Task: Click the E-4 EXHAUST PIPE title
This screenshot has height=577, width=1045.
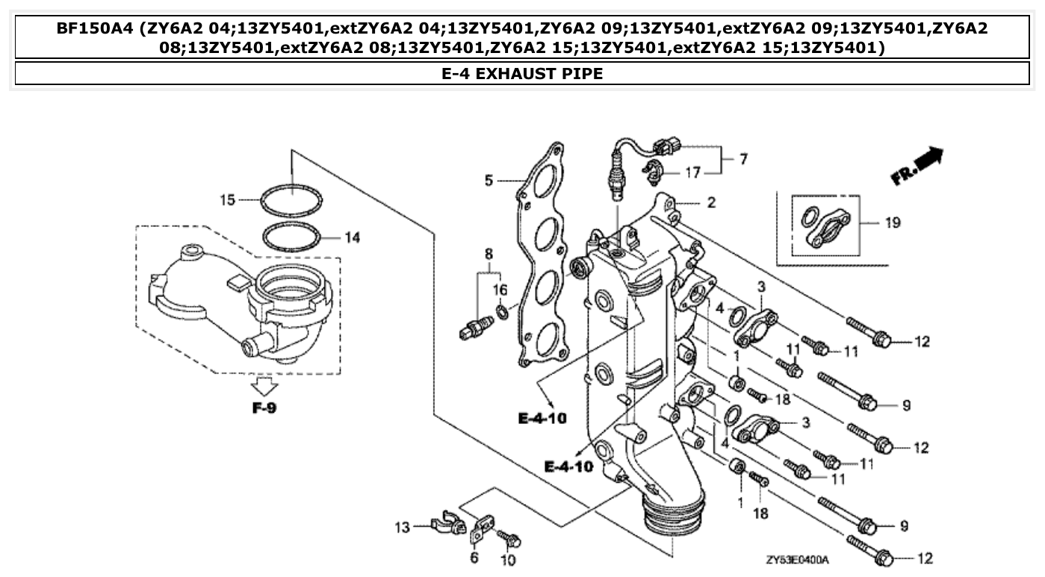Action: point(522,73)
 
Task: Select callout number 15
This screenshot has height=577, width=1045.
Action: point(227,200)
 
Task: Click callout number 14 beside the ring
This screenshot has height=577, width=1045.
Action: point(352,237)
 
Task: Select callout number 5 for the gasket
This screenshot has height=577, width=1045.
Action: point(489,180)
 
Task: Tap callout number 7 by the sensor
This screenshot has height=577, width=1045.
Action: point(743,159)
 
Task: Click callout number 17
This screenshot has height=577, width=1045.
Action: point(693,173)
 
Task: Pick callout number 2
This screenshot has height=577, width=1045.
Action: point(711,202)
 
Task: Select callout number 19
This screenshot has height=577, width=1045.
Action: point(892,222)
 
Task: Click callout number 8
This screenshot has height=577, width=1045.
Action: point(489,253)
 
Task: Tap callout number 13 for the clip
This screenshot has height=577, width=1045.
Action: point(403,528)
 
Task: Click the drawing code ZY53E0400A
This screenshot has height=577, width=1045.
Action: point(797,559)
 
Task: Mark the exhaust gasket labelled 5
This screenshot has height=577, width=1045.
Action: point(544,254)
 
